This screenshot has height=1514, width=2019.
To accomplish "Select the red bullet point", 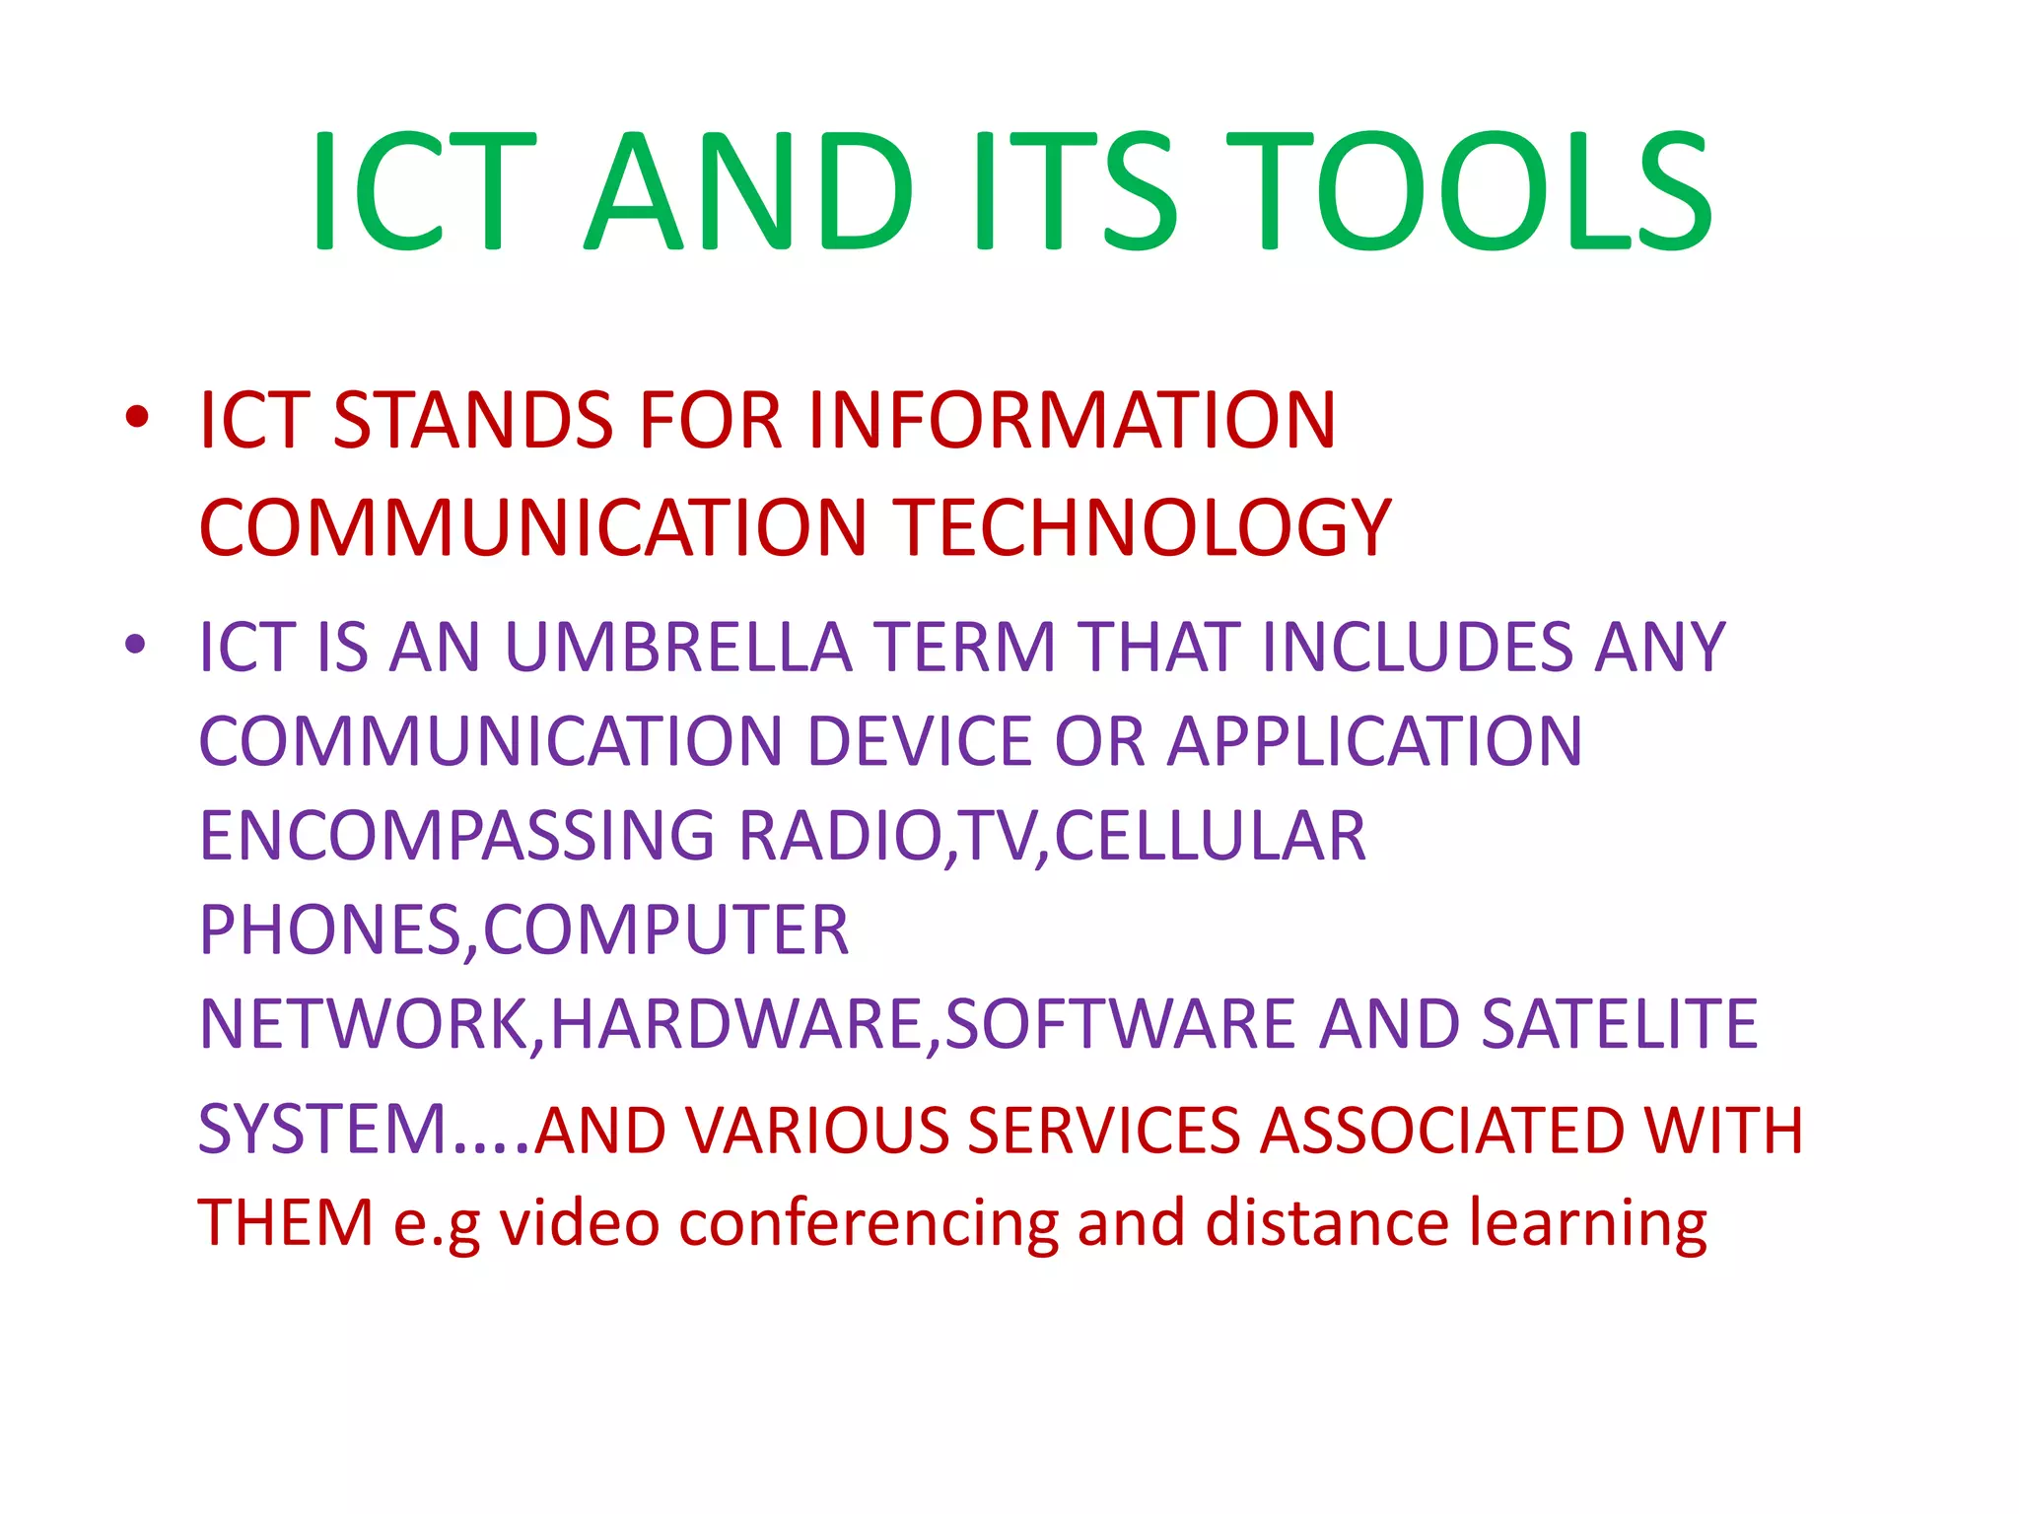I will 137,417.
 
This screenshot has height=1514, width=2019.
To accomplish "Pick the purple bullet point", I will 136,646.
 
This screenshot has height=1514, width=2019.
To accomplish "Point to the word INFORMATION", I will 1072,421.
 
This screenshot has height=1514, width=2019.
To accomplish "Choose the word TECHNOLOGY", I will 1142,528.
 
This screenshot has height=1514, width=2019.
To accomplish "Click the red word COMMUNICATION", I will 532,528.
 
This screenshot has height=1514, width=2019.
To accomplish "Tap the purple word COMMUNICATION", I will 490,741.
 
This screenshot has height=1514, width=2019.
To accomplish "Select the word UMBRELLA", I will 677,648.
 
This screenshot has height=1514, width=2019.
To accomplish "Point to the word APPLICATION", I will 1375,741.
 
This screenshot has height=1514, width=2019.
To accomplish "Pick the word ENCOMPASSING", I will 456,836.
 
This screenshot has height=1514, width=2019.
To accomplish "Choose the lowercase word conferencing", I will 869,1224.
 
